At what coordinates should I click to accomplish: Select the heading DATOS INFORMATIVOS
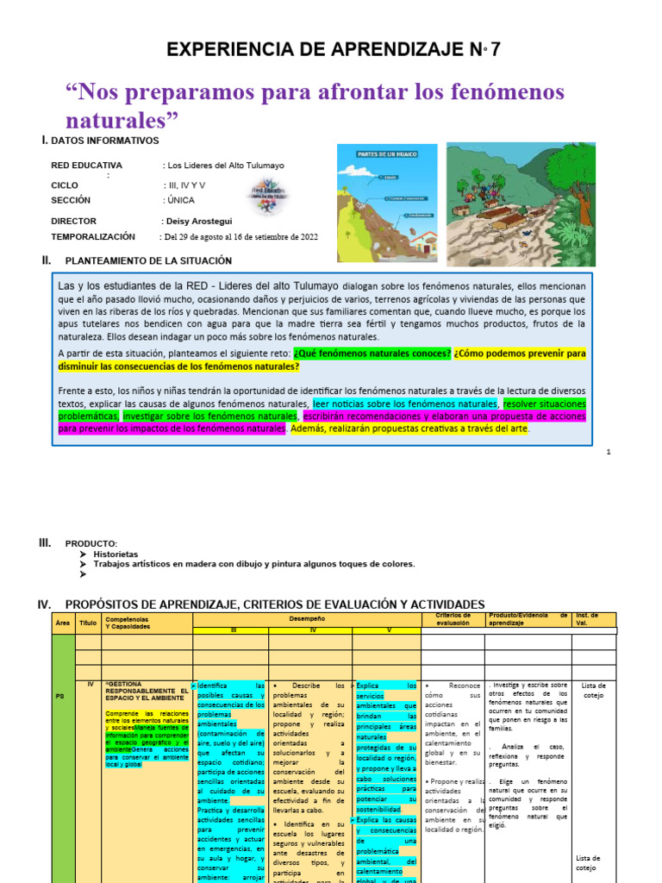[x=105, y=141]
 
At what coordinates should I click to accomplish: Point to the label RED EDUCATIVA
[x=86, y=166]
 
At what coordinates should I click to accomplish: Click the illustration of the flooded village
[x=520, y=203]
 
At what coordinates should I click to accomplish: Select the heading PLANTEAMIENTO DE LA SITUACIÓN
[x=148, y=260]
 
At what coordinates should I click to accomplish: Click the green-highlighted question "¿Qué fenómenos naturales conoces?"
[x=372, y=354]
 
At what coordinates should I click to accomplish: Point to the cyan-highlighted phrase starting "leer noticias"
[x=405, y=404]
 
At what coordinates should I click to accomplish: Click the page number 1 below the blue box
[x=608, y=452]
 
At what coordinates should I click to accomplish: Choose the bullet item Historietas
[x=116, y=554]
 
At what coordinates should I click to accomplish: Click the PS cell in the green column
[x=60, y=697]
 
